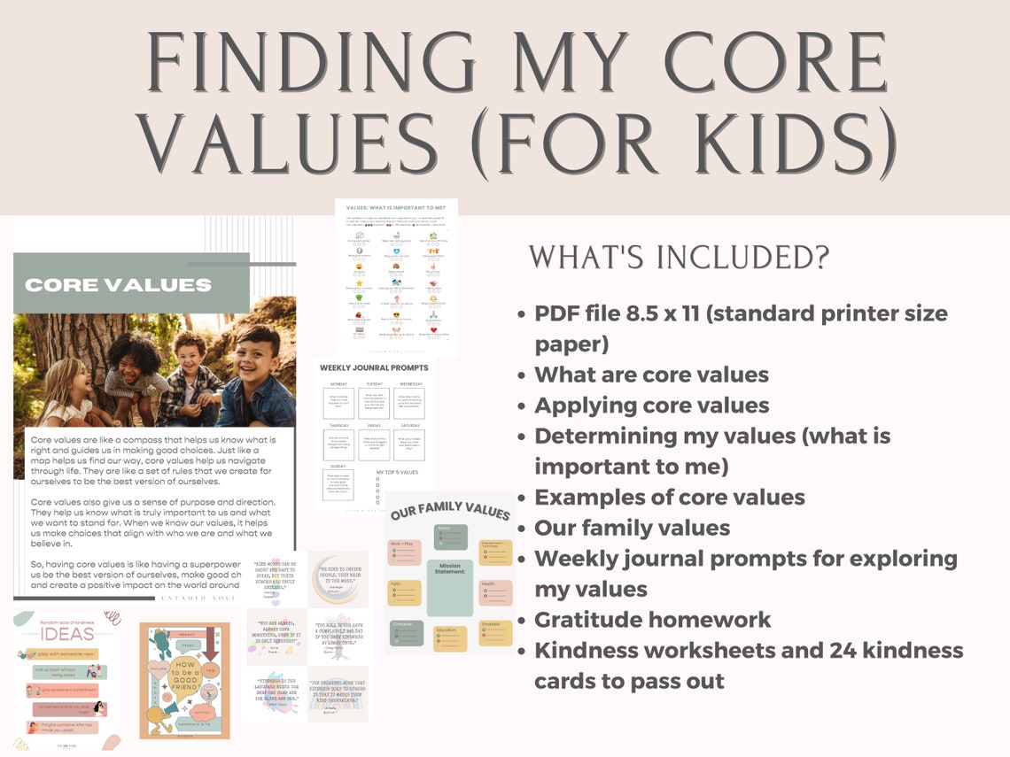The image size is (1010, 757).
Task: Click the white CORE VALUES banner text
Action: (x=118, y=285)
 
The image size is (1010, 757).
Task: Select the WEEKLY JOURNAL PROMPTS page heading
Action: (x=374, y=367)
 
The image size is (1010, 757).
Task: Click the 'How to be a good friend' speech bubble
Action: (x=183, y=679)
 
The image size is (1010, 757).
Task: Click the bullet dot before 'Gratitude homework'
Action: (x=522, y=621)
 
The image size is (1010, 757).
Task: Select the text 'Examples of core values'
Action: (x=669, y=498)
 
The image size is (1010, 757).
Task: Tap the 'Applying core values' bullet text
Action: (x=651, y=406)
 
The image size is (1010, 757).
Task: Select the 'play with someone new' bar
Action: (x=67, y=654)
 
